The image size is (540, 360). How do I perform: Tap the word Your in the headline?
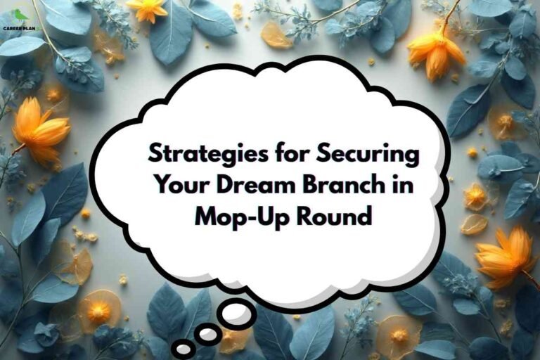pyautogui.click(x=179, y=185)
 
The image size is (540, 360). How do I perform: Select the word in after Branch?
pyautogui.click(x=403, y=185)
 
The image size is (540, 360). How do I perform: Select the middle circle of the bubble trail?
pyautogui.click(x=207, y=335)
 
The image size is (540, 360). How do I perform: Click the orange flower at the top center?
pyautogui.click(x=148, y=9)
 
